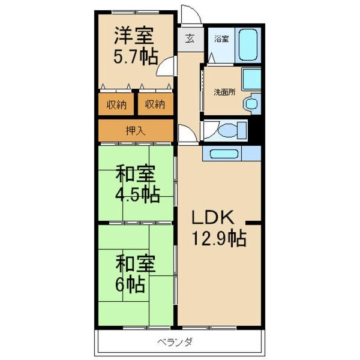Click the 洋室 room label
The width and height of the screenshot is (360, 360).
tap(134, 35)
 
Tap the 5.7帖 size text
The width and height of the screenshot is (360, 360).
tap(136, 56)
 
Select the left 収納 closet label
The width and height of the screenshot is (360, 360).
tap(116, 104)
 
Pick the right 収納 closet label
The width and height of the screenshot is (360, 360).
tap(155, 104)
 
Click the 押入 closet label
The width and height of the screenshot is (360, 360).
tap(134, 130)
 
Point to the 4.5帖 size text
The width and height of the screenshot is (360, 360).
tap(137, 195)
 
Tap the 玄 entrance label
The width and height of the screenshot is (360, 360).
tap(190, 39)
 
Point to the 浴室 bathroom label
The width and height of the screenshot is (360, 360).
tap(221, 40)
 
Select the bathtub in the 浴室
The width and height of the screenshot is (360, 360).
tap(247, 44)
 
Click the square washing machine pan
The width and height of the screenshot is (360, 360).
tap(251, 79)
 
